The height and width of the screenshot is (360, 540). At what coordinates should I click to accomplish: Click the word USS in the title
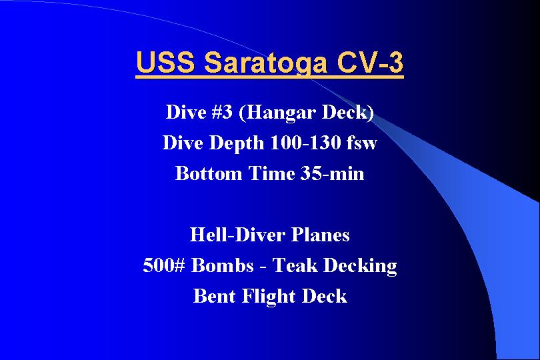coord(165,62)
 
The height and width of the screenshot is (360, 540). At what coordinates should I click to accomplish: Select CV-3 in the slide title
coord(369,62)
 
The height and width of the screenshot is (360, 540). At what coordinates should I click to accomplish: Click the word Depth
coord(236,143)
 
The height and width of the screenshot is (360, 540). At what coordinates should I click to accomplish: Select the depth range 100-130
coord(305,142)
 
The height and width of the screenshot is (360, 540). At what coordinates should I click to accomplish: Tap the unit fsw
coord(361,142)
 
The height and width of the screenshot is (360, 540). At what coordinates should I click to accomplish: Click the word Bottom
coord(209,173)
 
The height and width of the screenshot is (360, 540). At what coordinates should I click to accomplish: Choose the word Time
coord(271,173)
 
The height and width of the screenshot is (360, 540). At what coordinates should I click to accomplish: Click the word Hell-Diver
coord(237,235)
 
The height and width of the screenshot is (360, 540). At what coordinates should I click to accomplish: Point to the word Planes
coord(320,235)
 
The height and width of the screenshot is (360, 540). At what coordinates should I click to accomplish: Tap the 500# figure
coord(164,265)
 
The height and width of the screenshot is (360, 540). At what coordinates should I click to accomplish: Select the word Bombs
coord(222,265)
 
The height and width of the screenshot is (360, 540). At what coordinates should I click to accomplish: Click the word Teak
coord(295,265)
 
